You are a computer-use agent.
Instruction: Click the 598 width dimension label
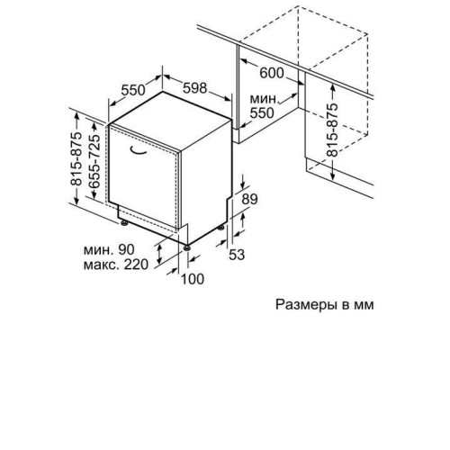tap(195, 88)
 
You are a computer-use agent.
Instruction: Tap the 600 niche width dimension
tap(272, 73)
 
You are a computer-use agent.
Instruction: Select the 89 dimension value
tap(249, 199)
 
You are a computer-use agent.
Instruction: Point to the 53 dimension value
tap(237, 255)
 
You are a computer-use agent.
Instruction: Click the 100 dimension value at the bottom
tap(193, 279)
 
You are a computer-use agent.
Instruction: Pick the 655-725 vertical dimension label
tap(94, 161)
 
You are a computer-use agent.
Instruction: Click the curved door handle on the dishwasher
tap(138, 150)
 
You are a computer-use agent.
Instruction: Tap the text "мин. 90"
tap(109, 249)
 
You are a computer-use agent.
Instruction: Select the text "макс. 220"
tap(116, 265)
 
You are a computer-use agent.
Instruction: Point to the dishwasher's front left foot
tap(123, 222)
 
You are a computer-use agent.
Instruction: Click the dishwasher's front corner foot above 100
tap(187, 247)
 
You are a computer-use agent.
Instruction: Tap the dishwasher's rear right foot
tap(221, 228)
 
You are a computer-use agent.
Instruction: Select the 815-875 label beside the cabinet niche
tap(332, 130)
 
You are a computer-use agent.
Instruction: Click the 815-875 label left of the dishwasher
tap(76, 158)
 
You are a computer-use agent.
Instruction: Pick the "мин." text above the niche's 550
tap(265, 99)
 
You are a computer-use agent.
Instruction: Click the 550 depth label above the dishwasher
tap(133, 90)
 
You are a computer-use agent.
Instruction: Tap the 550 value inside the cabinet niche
tap(262, 113)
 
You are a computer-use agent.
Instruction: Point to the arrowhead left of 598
tap(166, 76)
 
